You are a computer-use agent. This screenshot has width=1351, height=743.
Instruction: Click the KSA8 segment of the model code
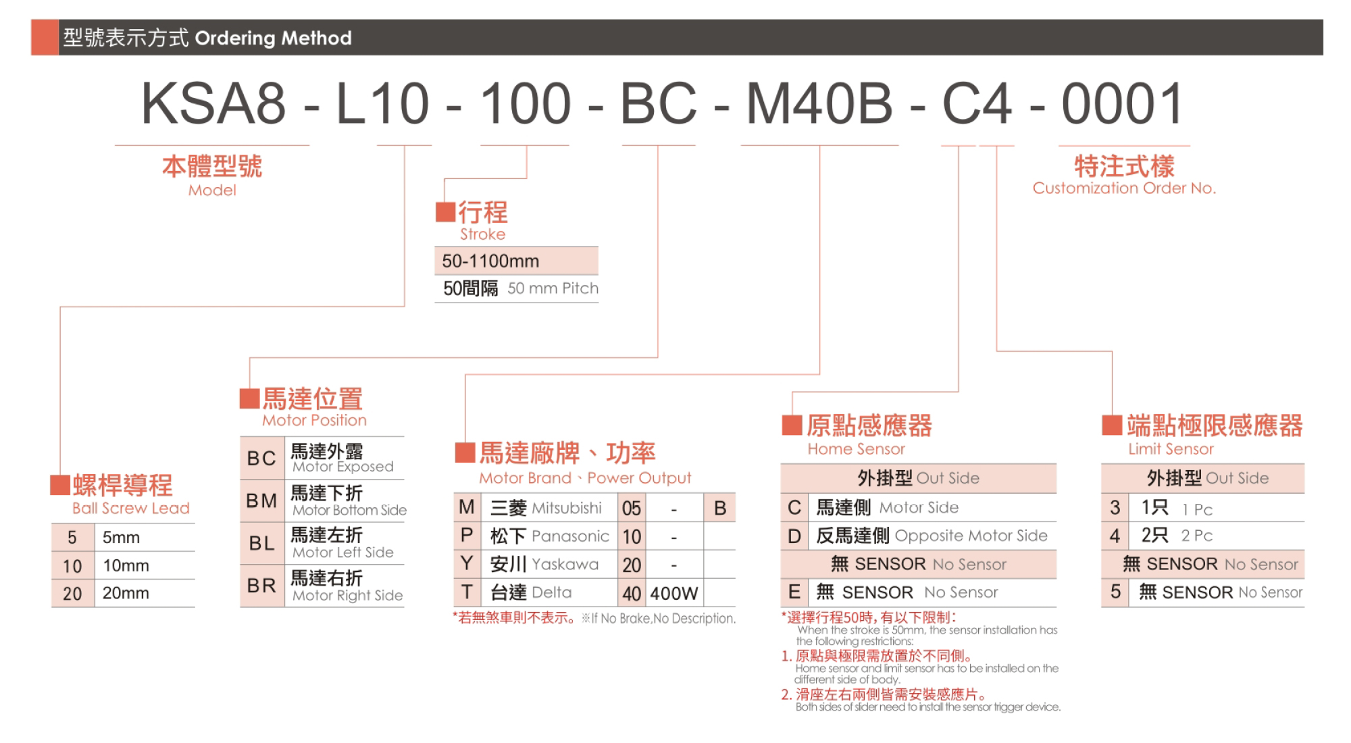[x=213, y=104]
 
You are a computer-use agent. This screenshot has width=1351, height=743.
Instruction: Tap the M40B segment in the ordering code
[x=819, y=104]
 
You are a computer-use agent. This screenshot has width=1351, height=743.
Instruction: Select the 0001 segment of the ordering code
[x=1123, y=104]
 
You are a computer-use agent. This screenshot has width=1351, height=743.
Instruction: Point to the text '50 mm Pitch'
[x=553, y=288]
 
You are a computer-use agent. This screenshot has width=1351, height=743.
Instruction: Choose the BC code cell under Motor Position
[x=262, y=458]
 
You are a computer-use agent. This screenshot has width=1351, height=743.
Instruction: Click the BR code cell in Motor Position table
[x=262, y=586]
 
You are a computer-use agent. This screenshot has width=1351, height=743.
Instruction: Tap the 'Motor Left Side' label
[x=343, y=553]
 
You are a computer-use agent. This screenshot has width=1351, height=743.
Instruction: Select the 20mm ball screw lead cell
[x=126, y=593]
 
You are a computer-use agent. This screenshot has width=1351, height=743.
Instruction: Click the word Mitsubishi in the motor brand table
[x=567, y=508]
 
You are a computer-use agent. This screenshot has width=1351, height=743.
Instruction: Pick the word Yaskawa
[x=565, y=564]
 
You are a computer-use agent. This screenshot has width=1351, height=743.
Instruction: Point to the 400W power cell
[x=674, y=593]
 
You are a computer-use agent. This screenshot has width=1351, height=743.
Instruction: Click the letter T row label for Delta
[x=467, y=592]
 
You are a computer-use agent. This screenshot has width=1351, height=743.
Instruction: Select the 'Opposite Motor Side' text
[x=971, y=536]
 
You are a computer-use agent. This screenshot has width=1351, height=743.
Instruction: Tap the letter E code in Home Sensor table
[x=794, y=592]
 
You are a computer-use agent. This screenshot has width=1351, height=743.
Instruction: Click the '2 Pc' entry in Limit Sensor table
[x=1196, y=536]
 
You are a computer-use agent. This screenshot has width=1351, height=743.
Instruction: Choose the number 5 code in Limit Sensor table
[x=1115, y=592]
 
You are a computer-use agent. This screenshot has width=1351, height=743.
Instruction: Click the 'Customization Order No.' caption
[x=1124, y=188]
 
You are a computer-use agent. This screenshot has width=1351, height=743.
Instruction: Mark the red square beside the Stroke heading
[x=445, y=212]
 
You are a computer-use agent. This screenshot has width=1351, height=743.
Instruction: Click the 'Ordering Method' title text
[x=273, y=38]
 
